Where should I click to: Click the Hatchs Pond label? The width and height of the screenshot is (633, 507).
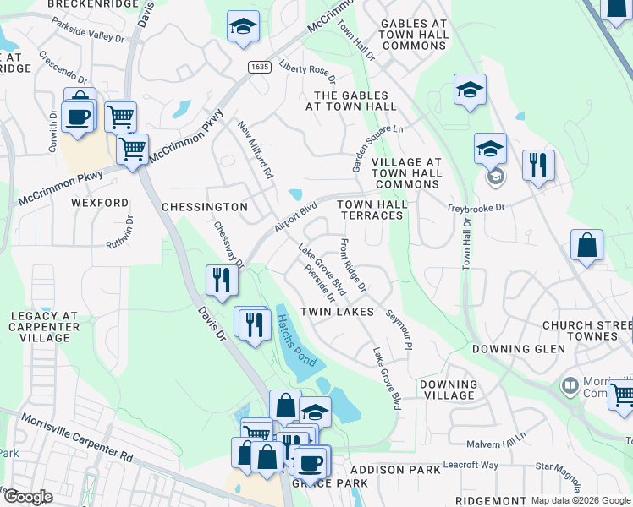295,341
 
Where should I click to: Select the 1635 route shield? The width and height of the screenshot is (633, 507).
259,66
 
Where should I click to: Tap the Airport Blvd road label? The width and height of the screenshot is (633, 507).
294,218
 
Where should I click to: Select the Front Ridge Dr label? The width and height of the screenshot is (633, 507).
352,265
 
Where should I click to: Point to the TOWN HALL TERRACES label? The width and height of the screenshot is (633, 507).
372,210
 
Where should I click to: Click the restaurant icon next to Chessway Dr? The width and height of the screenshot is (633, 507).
222,279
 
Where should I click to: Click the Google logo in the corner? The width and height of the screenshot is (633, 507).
28,497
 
